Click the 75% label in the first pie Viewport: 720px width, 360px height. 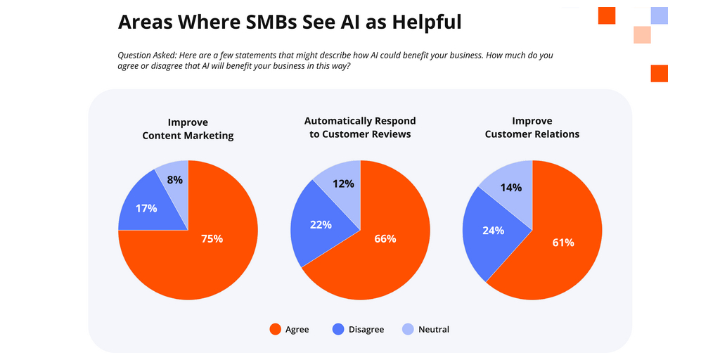pyautogui.click(x=212, y=238)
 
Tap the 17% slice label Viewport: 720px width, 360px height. pyautogui.click(x=146, y=208)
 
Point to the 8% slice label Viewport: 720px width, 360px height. pyautogui.click(x=174, y=179)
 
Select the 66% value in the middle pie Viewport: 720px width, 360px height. pyautogui.click(x=385, y=238)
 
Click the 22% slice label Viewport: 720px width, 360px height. pyautogui.click(x=320, y=224)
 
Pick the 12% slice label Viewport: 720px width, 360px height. pyautogui.click(x=343, y=184)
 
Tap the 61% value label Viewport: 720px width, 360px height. pyautogui.click(x=562, y=243)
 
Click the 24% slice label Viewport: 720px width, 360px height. pyautogui.click(x=493, y=230)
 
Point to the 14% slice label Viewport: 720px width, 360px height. pyautogui.click(x=511, y=187)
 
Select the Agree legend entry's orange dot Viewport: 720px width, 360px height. pyautogui.click(x=276, y=329)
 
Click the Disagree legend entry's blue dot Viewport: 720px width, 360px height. pyautogui.click(x=338, y=329)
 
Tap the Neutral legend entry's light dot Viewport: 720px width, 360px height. pyautogui.click(x=408, y=329)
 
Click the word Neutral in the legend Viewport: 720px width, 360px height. pyautogui.click(x=433, y=329)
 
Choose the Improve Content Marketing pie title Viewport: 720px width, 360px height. pyautogui.click(x=188, y=129)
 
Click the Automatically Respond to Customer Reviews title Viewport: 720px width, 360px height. pyautogui.click(x=360, y=127)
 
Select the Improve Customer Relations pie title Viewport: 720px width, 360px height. pyautogui.click(x=532, y=127)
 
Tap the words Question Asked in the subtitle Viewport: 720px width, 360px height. pyautogui.click(x=146, y=55)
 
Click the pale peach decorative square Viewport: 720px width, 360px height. pyautogui.click(x=642, y=34)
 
